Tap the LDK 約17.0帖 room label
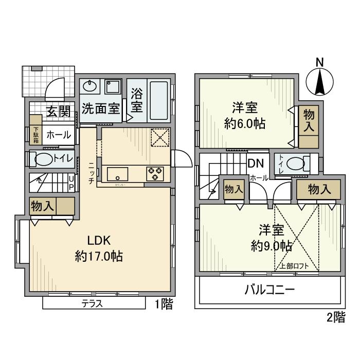99,248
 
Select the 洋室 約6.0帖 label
245,116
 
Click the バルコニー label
269,290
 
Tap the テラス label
92,304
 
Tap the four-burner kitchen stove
155,174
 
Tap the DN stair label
256,164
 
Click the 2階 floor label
335,317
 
